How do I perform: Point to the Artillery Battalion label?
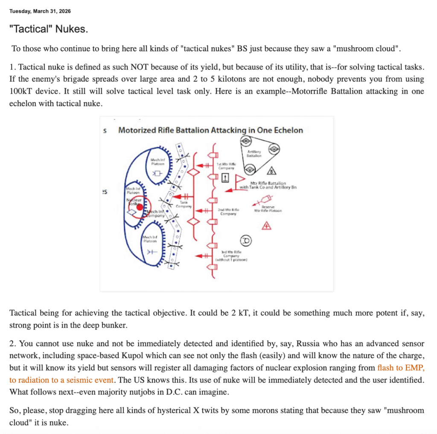pos(254,154)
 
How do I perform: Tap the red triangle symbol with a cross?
pos(267,226)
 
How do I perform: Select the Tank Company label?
pos(185,204)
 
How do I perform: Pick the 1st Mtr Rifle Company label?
pos(227,166)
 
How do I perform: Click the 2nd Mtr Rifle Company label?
pos(228,212)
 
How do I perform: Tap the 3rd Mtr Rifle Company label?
pos(232,256)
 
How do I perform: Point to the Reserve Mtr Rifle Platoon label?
pos(268,209)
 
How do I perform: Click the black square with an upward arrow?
pos(226,178)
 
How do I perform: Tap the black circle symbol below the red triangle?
pos(246,241)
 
